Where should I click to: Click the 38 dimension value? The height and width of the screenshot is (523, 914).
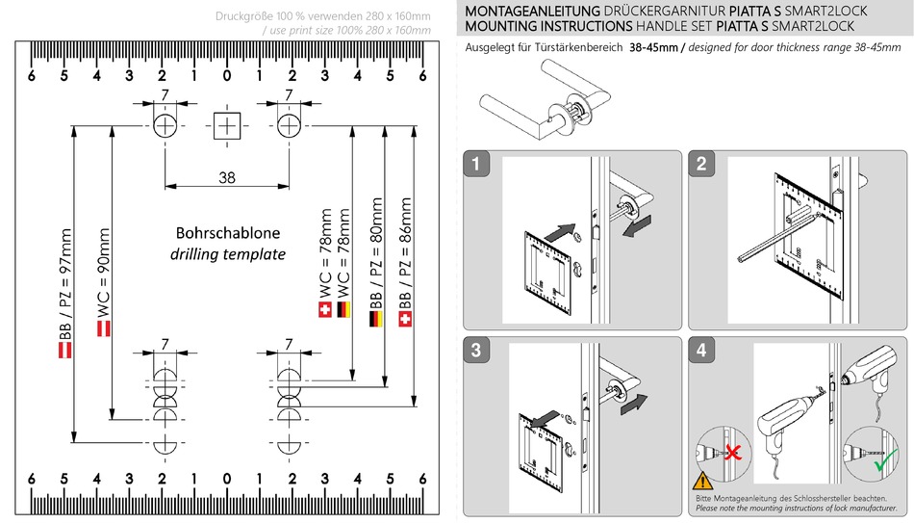(227, 177)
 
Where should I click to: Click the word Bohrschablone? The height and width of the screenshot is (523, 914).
(227, 234)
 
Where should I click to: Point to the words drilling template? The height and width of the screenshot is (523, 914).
(227, 254)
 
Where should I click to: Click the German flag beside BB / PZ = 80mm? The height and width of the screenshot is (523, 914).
(375, 318)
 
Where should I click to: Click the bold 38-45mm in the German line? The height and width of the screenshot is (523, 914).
(656, 47)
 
